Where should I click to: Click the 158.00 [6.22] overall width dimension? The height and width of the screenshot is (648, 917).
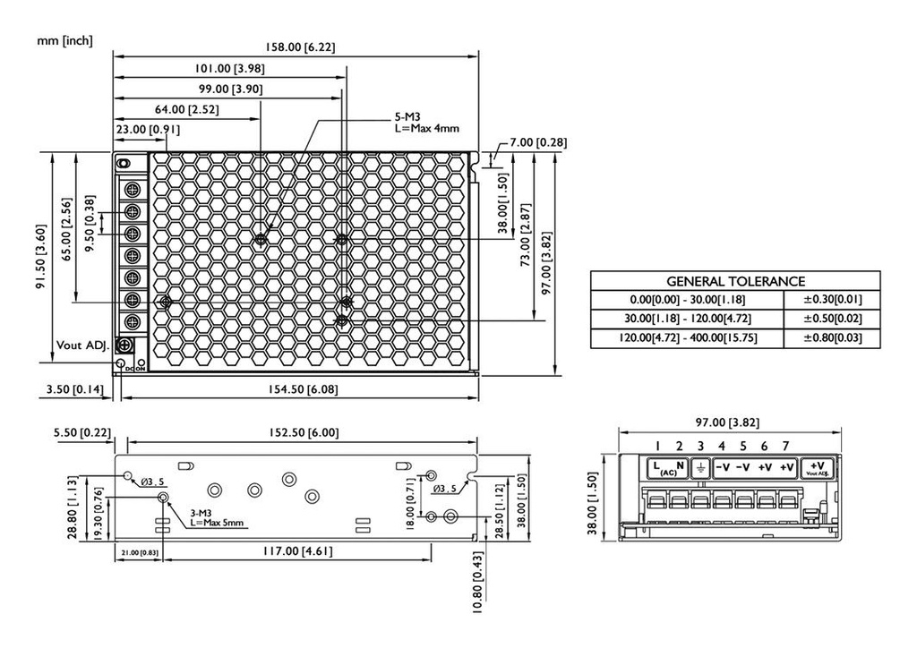pos(296,47)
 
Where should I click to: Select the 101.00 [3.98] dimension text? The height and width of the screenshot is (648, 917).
pos(228,69)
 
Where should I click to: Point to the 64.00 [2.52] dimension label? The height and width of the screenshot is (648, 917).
pos(187,109)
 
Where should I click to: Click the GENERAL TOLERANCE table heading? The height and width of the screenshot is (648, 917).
pos(735,281)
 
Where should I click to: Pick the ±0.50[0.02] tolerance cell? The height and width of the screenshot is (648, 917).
pos(831,319)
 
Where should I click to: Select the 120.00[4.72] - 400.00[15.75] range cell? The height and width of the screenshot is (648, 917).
pos(686,338)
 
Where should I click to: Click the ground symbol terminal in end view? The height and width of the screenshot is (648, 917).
pos(701,467)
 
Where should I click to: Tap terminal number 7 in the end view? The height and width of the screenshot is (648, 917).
pos(785,446)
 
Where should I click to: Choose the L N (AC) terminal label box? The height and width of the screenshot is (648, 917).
pos(668,467)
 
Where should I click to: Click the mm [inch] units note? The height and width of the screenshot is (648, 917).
pos(64,41)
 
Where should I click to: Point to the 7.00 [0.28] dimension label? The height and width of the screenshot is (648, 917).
pos(537,142)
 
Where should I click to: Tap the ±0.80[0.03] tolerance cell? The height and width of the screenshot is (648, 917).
pos(831,338)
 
